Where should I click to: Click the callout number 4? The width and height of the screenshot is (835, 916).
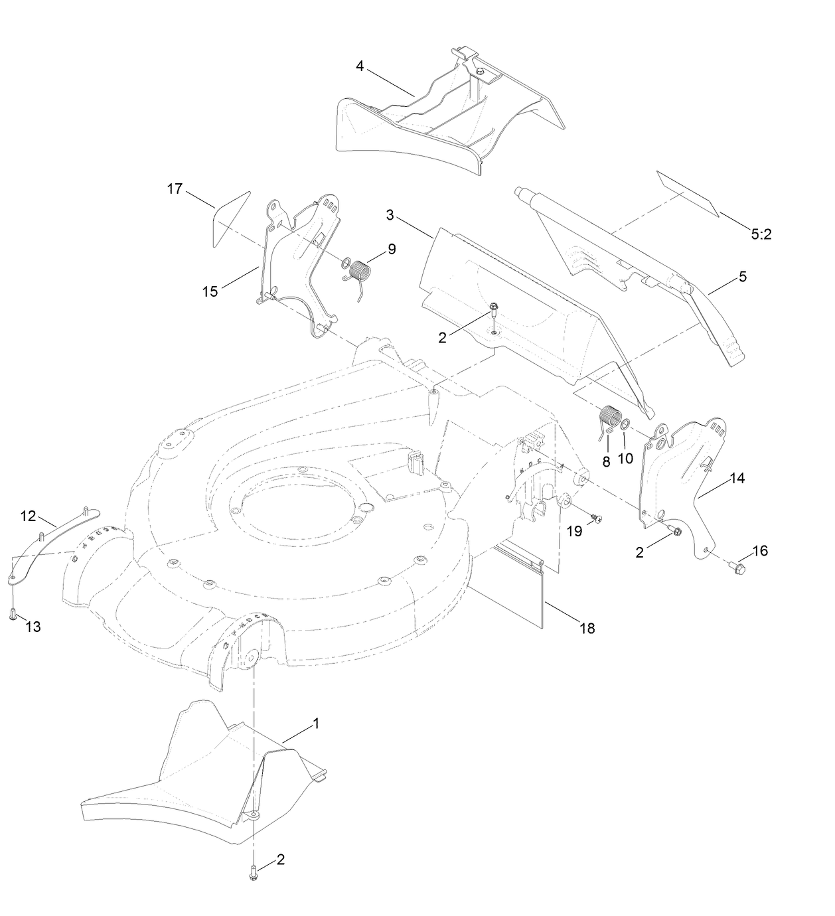[x=360, y=66]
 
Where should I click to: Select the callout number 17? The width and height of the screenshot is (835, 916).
[x=175, y=189]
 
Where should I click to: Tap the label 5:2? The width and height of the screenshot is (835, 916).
[x=761, y=234]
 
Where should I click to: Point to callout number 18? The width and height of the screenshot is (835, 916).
[x=587, y=627]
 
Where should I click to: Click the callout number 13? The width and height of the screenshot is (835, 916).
[x=33, y=626]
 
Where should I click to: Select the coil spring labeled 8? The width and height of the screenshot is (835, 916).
[x=609, y=422]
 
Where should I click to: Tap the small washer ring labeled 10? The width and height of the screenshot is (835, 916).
[x=625, y=424]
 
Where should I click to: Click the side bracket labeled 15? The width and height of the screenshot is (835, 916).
[x=292, y=266]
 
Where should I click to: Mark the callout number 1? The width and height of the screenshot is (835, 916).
[x=316, y=724]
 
